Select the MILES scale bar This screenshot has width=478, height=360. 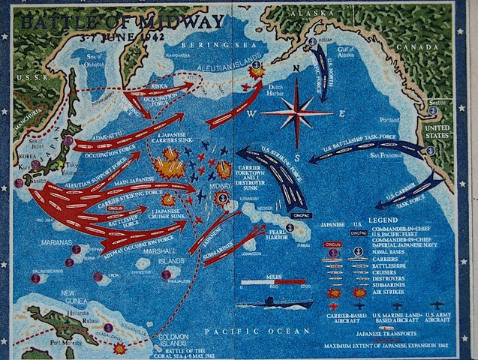pos(272,283)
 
